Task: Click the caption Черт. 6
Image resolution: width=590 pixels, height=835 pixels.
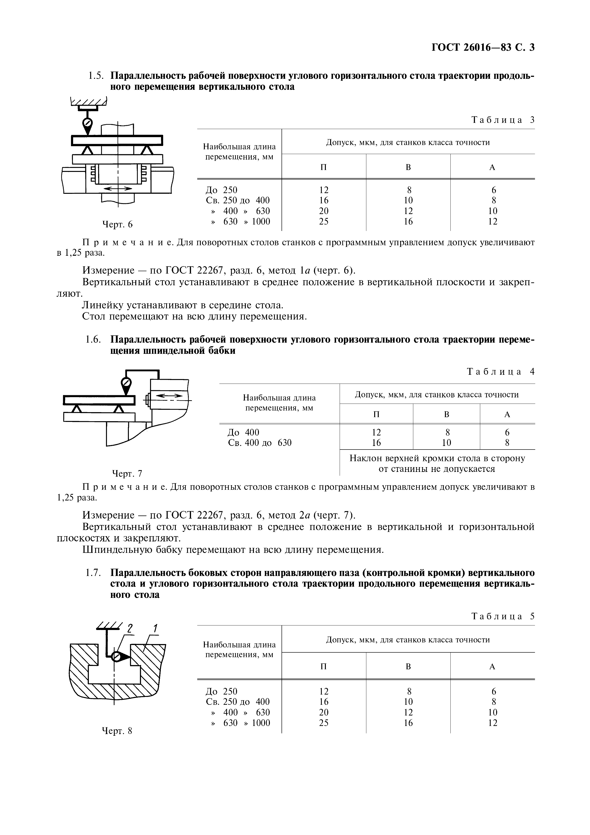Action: (x=117, y=224)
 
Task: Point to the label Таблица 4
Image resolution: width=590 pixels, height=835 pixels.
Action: (x=500, y=372)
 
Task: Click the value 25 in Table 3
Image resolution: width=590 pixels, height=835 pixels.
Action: (x=323, y=221)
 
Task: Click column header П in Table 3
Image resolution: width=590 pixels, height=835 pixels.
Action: (x=323, y=167)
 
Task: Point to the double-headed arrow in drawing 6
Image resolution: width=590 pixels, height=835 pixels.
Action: (x=118, y=188)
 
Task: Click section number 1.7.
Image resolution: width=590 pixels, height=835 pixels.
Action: (x=92, y=573)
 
